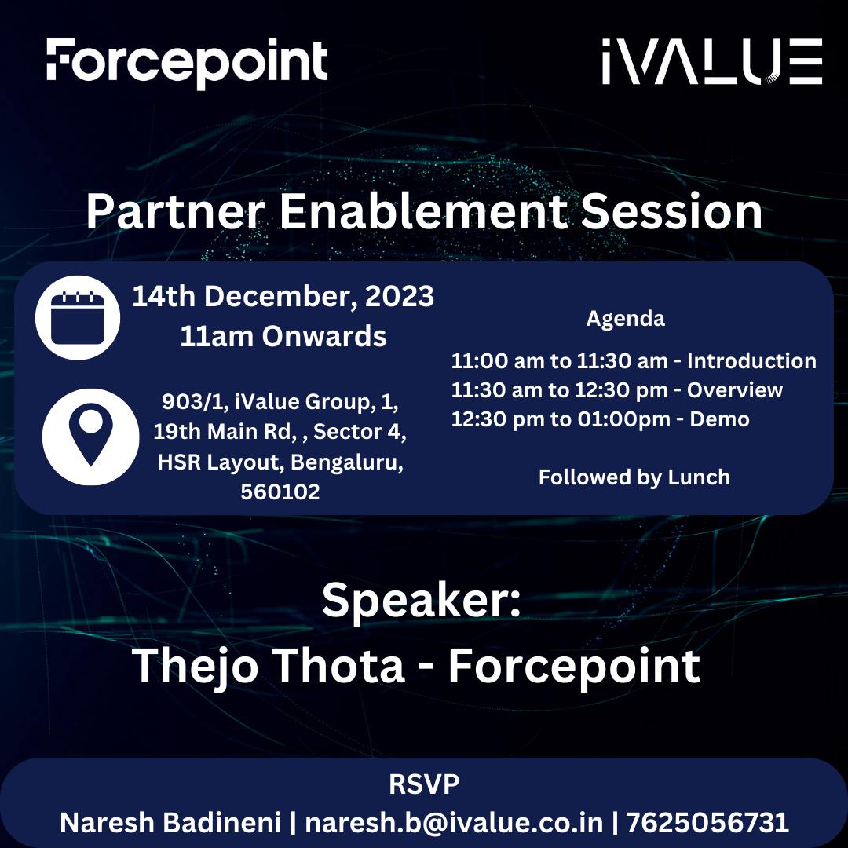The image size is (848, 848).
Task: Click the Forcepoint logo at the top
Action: point(187,62)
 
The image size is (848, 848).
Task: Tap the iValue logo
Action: point(711,62)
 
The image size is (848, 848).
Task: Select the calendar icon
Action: point(78,318)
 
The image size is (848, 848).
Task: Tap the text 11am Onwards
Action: point(283,336)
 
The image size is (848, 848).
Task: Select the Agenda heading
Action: point(625,318)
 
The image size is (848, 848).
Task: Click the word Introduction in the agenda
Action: point(751,361)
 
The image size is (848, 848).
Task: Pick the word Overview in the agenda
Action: point(735,390)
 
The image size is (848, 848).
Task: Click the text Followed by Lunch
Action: point(634,477)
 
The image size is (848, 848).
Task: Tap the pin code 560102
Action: point(280,492)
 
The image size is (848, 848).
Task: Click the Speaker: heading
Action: point(422,601)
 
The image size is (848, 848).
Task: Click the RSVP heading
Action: point(424,784)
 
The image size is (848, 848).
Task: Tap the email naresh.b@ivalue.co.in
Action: point(454,822)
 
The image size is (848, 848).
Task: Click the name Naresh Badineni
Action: point(170,822)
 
